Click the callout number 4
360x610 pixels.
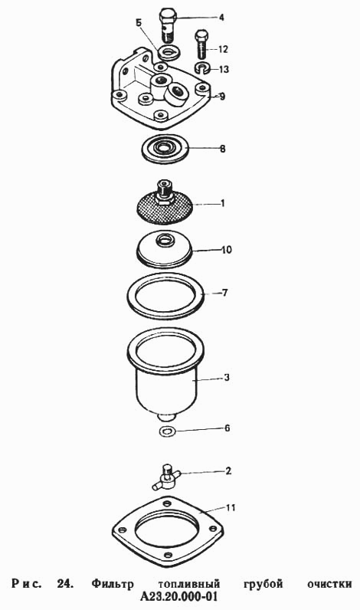(221, 18)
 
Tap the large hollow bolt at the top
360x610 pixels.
(168, 25)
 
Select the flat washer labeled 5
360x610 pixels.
(169, 53)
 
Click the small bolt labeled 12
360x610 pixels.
(201, 44)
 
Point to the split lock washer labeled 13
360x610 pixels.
(202, 68)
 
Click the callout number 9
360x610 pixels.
(222, 96)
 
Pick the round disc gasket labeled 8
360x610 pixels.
(164, 149)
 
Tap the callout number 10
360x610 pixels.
(227, 249)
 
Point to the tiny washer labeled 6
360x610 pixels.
(167, 431)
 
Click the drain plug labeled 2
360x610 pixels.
(166, 477)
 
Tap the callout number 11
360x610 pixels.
(231, 508)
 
